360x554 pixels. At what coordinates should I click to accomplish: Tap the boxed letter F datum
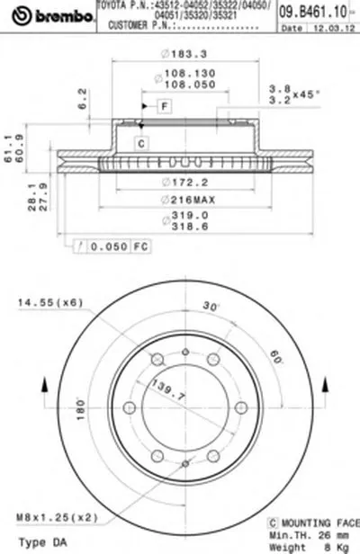[165, 108]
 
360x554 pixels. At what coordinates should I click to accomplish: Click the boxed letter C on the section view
[141, 143]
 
